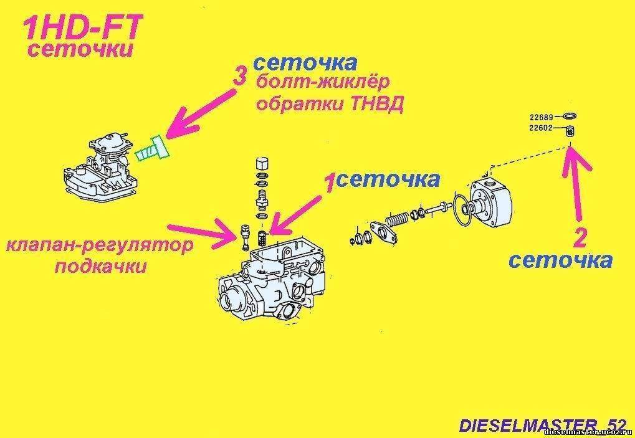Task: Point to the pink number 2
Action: (x=580, y=239)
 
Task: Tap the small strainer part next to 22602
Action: (x=570, y=131)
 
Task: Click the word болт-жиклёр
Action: (x=323, y=83)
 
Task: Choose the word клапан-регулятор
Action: (x=100, y=246)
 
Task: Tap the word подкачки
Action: (x=100, y=267)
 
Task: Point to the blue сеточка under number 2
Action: (x=560, y=261)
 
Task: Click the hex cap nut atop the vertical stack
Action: (x=262, y=164)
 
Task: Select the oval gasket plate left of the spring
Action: (x=382, y=232)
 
